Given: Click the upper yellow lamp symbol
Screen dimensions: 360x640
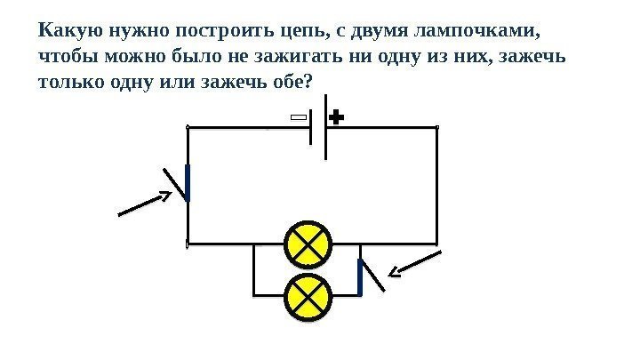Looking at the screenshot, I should (308, 244).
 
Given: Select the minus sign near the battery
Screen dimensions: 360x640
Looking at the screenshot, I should (299, 117).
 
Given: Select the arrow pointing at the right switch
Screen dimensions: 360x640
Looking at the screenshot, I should (416, 264).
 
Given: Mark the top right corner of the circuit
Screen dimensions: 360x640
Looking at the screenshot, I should (437, 128).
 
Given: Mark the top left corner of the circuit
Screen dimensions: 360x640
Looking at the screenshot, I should (188, 128).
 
